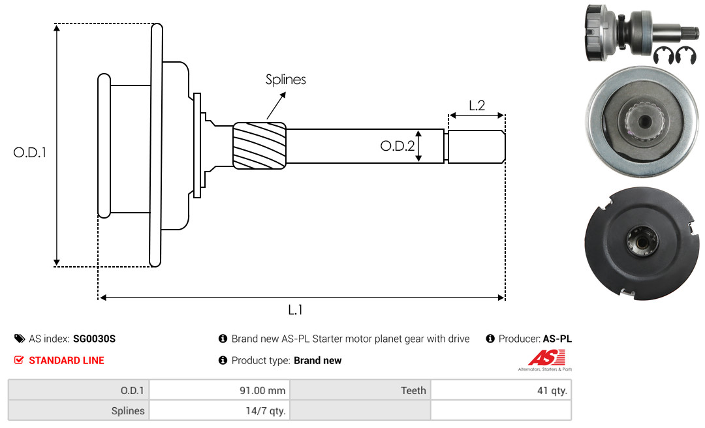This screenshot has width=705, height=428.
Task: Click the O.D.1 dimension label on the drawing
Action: [x=29, y=153]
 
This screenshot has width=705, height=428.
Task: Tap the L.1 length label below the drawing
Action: [x=295, y=310]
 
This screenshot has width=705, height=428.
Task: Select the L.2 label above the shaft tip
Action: [x=477, y=106]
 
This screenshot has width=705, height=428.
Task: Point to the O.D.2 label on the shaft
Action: [x=398, y=145]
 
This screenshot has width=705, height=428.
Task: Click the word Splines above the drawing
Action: [x=285, y=80]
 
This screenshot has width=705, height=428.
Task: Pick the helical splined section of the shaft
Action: [x=259, y=145]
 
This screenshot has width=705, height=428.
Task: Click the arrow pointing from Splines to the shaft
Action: [x=276, y=105]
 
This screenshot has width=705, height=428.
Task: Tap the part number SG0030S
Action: [x=94, y=339]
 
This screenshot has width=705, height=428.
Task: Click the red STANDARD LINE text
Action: [x=67, y=361]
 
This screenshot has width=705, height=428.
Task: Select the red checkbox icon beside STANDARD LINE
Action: [x=19, y=360]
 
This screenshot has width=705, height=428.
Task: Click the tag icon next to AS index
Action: [x=20, y=339]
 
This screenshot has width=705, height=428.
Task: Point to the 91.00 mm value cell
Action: [x=219, y=390]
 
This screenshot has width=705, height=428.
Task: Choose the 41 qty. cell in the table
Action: [x=501, y=390]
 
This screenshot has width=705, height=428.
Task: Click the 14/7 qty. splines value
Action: [x=265, y=411]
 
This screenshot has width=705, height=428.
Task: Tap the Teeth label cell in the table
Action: [x=360, y=390]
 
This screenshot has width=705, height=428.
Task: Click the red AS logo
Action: [x=546, y=358]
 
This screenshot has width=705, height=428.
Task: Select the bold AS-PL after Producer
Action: [x=557, y=339]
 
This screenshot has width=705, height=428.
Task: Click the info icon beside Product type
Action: [x=223, y=360]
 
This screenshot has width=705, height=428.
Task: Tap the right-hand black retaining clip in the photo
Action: [x=686, y=55]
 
